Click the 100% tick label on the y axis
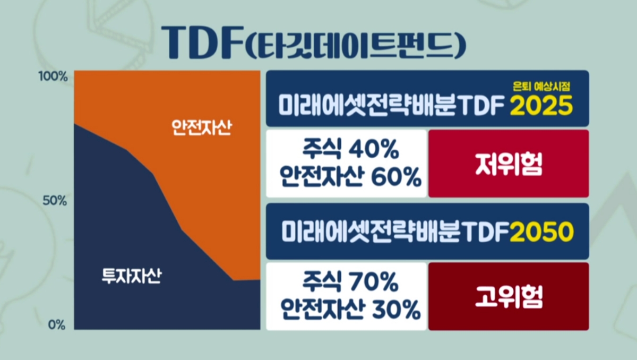[53, 77]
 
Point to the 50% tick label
[55, 201]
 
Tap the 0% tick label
[57, 325]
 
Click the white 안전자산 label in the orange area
[202, 127]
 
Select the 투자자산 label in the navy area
[132, 276]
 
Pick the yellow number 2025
[541, 106]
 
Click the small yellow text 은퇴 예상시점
[542, 86]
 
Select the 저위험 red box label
[509, 164]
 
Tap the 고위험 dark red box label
[509, 297]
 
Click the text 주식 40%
[350, 150]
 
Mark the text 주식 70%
[350, 282]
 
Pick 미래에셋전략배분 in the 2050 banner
[371, 233]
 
